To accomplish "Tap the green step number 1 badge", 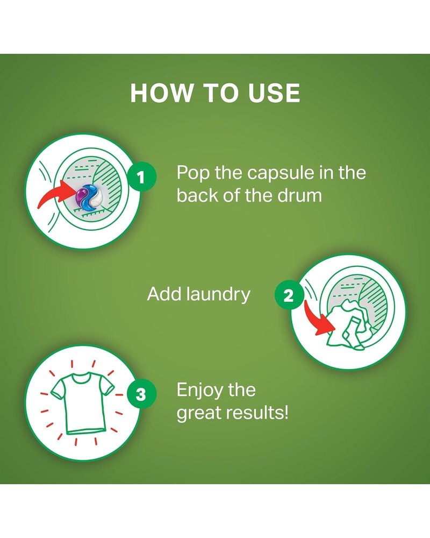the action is (141, 178).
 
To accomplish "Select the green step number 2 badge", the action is (289, 295).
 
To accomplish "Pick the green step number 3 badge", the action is (141, 394).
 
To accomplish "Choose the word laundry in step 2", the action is (219, 295).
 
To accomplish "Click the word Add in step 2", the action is (166, 294).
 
